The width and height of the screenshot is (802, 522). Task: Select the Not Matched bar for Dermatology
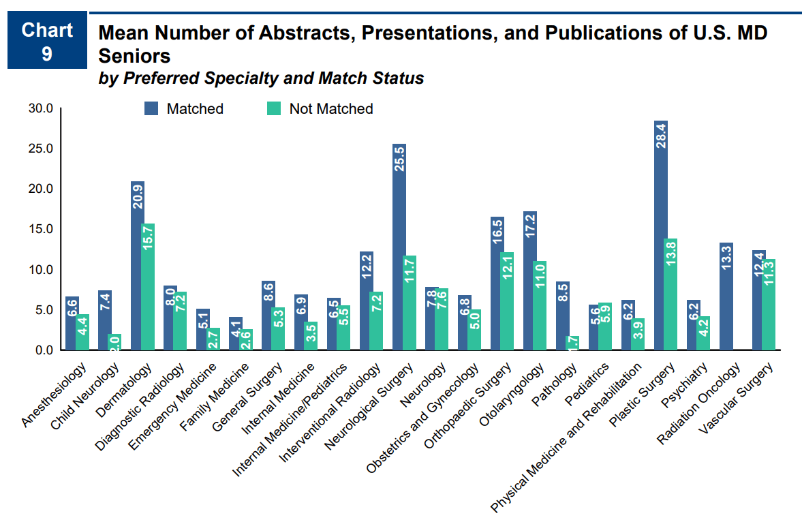tap(149, 286)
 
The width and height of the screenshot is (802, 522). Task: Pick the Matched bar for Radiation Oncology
tap(726, 296)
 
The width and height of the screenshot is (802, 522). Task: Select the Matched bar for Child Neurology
tap(105, 320)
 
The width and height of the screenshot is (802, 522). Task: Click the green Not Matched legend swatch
tap(273, 108)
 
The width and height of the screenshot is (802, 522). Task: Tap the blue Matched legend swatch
tap(151, 108)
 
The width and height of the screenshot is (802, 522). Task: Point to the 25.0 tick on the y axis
tap(40, 149)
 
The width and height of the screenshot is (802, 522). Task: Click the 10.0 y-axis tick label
tap(40, 269)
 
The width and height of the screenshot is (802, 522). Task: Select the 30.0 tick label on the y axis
tap(40, 108)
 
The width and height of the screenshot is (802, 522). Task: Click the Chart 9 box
tap(47, 41)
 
